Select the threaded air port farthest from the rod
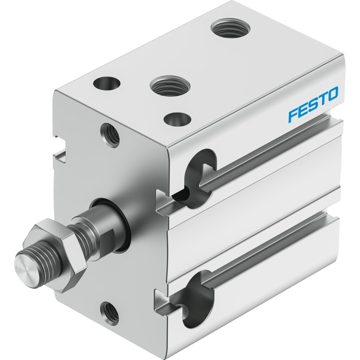[x=230, y=29]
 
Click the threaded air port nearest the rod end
[x=170, y=86]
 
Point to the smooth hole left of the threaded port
[x=107, y=83]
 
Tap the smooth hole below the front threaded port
[x=177, y=119]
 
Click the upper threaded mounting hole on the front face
[x=110, y=135]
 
